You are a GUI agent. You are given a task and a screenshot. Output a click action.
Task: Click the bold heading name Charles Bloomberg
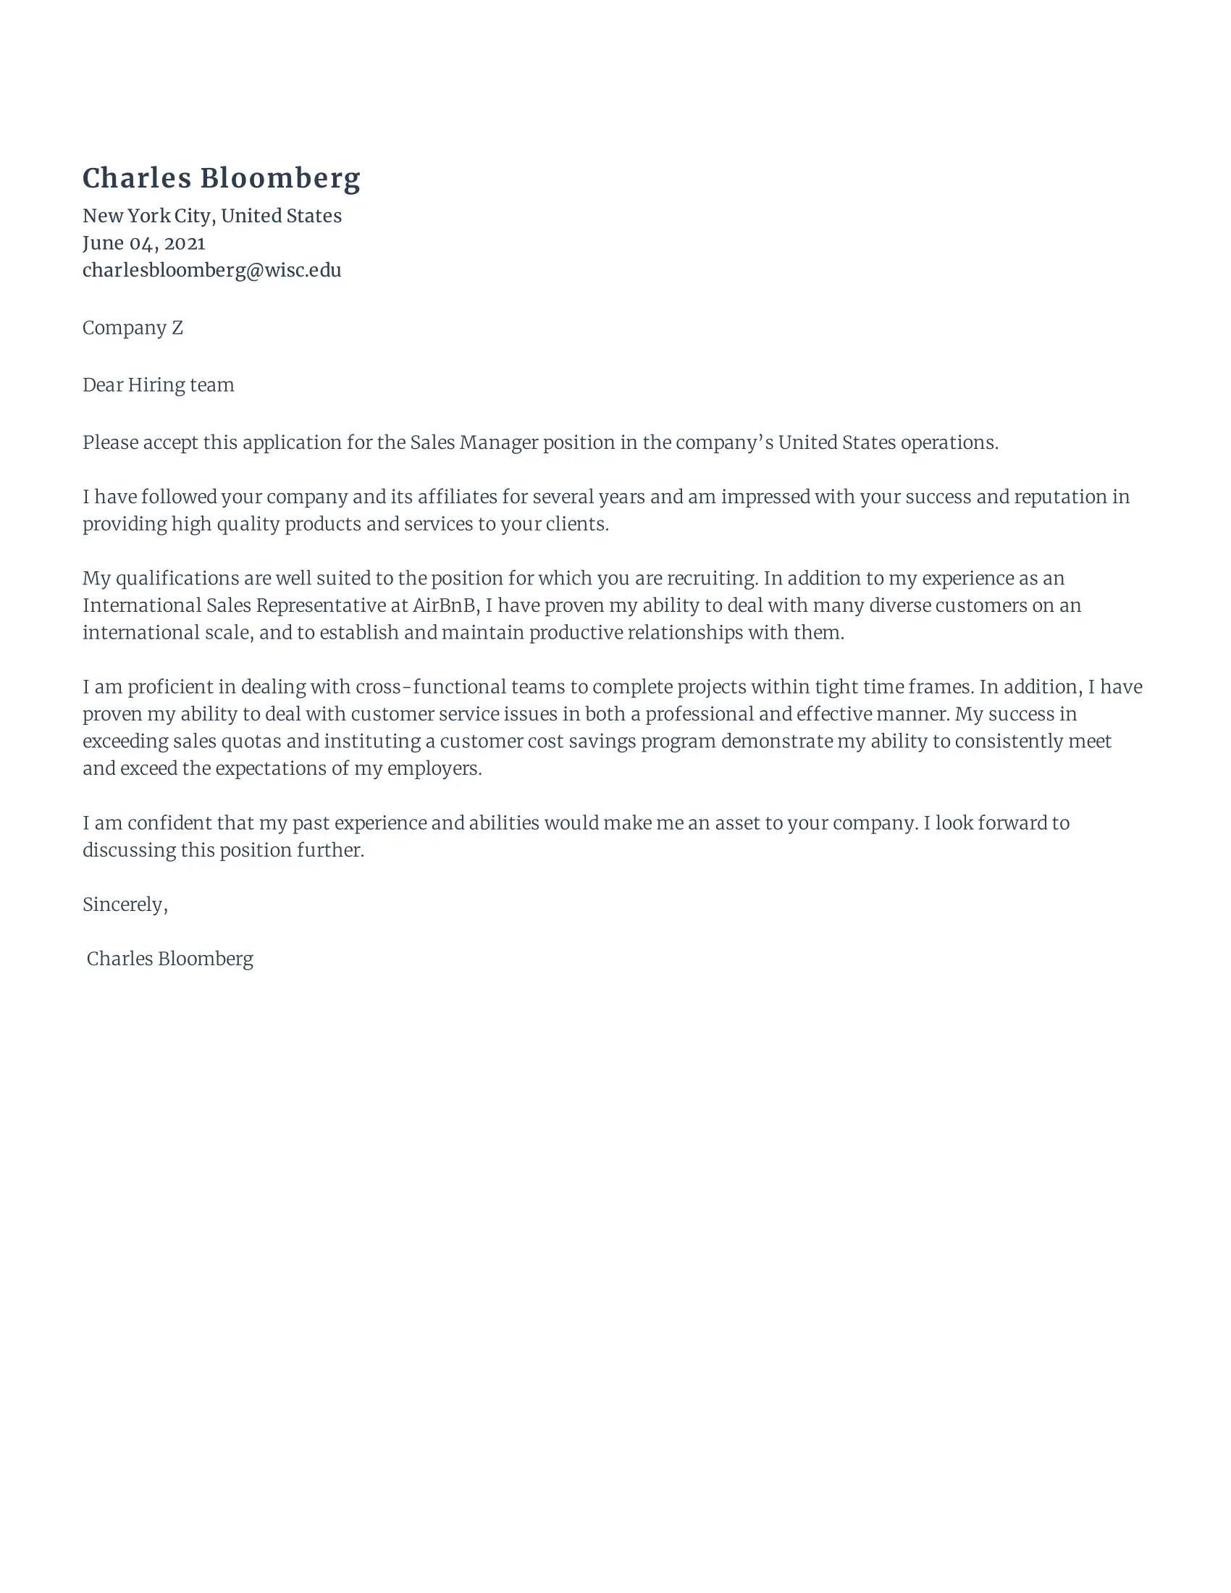(x=221, y=178)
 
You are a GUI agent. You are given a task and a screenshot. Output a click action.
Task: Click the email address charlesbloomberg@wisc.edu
(x=211, y=270)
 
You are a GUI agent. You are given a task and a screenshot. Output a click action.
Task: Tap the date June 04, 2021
(x=143, y=243)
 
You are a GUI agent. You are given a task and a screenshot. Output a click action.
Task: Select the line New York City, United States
(x=211, y=216)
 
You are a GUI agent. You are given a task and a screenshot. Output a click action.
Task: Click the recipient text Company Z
(x=132, y=327)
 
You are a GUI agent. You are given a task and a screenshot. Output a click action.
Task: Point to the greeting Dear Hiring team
(x=159, y=384)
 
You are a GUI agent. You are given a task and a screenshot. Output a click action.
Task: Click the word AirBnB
(x=444, y=605)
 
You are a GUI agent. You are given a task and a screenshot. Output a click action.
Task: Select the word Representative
(x=321, y=605)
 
